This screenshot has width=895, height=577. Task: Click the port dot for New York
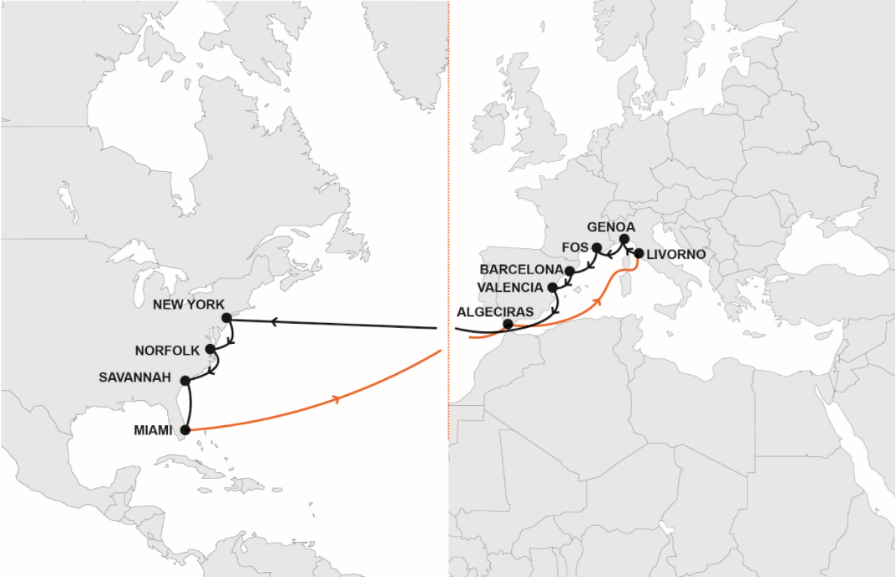point(227,318)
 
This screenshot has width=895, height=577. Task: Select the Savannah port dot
point(185,380)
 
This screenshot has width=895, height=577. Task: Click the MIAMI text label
point(153,430)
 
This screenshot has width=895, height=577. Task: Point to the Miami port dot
point(185,430)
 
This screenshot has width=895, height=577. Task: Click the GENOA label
point(610,227)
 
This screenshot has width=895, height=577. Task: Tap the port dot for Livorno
point(638,254)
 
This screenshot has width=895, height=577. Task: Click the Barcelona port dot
point(570,271)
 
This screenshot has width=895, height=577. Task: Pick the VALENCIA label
point(510,287)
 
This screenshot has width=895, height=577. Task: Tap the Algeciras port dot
point(508,325)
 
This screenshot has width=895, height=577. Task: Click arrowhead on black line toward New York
point(275,321)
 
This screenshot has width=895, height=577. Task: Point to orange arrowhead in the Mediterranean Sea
point(599,301)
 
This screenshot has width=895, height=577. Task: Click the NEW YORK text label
point(188,305)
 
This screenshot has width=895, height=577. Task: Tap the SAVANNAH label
point(135,378)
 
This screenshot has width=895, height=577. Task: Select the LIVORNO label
point(675,254)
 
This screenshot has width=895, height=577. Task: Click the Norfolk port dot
point(210,349)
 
